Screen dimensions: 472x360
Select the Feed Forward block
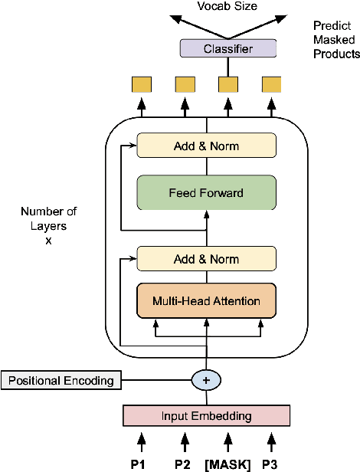click(205, 193)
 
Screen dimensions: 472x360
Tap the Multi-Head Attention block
click(205, 300)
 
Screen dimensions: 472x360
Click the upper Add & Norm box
click(205, 145)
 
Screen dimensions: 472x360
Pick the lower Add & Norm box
click(205, 258)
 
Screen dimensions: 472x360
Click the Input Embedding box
click(207, 415)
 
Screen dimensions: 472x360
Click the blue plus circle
click(206, 380)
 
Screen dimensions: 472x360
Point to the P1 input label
click(141, 463)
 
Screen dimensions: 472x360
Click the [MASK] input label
click(227, 463)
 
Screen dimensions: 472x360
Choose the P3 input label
click(270, 463)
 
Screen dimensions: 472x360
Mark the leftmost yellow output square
click(141, 85)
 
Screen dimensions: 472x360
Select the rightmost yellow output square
click(270, 85)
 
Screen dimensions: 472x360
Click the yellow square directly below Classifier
click(227, 85)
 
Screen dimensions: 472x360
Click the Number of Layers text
click(49, 218)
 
